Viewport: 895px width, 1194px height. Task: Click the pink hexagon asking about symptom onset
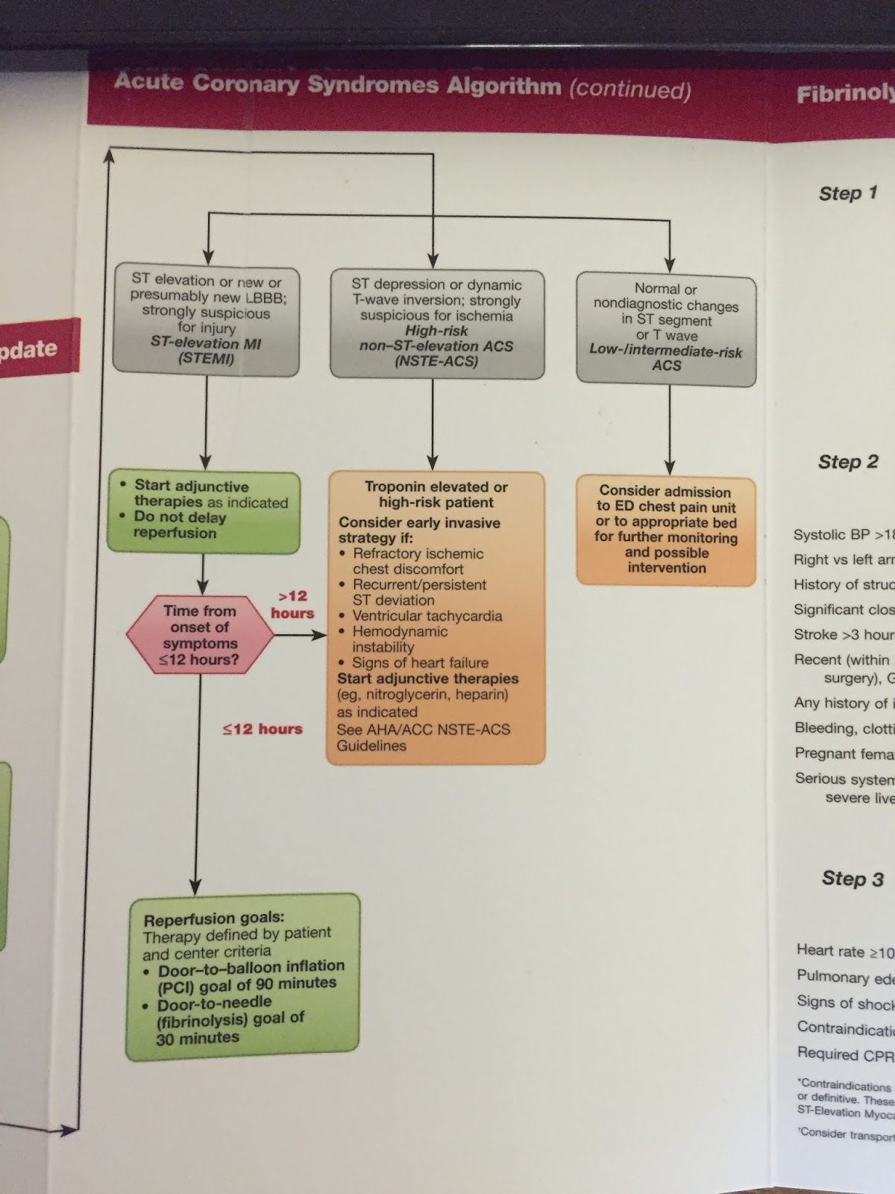point(200,635)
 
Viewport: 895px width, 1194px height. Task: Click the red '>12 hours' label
point(292,604)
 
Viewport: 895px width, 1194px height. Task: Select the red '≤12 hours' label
point(263,729)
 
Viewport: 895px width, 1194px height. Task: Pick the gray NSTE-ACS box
point(436,323)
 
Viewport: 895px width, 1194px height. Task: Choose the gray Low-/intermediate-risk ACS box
point(666,328)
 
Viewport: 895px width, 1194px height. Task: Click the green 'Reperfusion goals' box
point(243,977)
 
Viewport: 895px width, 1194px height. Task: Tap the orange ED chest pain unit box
point(666,530)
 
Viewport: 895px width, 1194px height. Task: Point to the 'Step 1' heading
point(848,193)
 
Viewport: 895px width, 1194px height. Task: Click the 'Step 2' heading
point(848,462)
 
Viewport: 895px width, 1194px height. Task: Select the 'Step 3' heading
point(852,878)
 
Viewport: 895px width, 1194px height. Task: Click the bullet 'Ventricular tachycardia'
point(427,616)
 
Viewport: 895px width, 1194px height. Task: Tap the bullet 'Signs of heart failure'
point(420,663)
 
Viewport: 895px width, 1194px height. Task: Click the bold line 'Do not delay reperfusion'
point(179,525)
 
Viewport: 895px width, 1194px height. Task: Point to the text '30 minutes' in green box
point(198,1037)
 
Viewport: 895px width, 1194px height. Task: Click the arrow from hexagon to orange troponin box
point(300,635)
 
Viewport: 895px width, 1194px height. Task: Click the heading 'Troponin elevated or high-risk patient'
point(436,495)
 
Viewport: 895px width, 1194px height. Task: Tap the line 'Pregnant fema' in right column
point(844,753)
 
